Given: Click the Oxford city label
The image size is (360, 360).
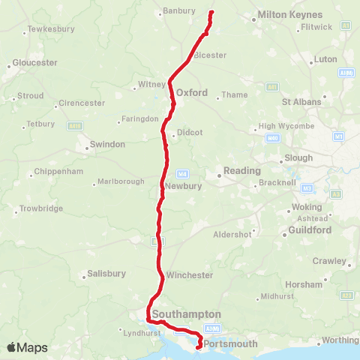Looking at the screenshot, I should coord(191,92).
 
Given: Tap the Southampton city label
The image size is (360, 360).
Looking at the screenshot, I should coord(186,313).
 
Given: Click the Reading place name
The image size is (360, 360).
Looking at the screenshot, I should coord(241,171).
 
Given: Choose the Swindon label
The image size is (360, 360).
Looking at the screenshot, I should coord(107,144).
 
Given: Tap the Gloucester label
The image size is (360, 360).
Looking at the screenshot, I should coord(30,64).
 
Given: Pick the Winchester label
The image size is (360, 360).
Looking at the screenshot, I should coord(190,275).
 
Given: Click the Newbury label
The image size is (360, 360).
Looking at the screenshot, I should coord(184,186).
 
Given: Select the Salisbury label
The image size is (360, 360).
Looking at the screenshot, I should coord(106,274).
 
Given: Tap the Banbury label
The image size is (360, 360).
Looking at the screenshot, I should coord(178,11).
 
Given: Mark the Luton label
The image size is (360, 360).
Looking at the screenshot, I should coord(326,58).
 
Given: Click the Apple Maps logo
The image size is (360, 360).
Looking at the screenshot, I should coord(27,347).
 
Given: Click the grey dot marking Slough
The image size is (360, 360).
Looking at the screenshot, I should coord(279,160).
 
